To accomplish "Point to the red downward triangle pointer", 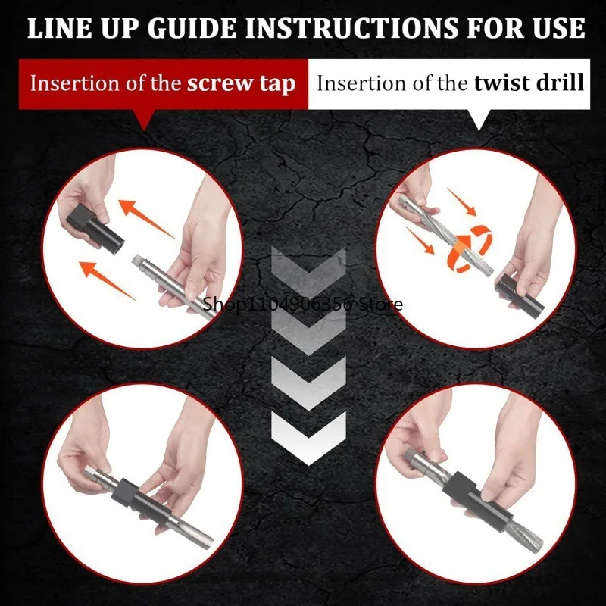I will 144,120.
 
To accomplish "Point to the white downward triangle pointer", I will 478,120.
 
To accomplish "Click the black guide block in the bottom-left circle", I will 129,494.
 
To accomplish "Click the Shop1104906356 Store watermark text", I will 303,305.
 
